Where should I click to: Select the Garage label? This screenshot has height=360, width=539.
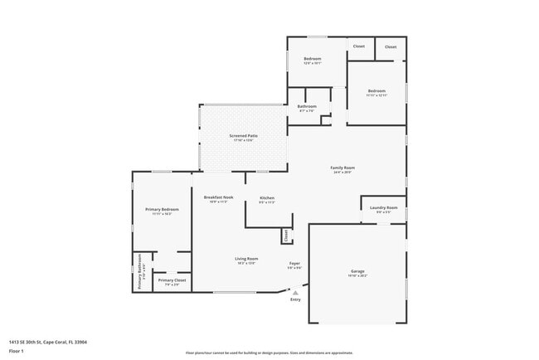click(x=357, y=271)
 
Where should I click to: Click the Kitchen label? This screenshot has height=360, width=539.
click(x=267, y=198)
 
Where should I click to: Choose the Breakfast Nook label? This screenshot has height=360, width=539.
click(x=218, y=197)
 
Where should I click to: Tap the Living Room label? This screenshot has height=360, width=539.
click(x=246, y=259)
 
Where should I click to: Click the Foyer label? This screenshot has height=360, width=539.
click(x=294, y=263)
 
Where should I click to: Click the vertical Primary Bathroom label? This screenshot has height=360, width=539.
click(x=139, y=271)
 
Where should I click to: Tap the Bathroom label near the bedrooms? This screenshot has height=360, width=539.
click(x=308, y=106)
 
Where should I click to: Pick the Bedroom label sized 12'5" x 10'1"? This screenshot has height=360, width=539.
click(x=312, y=59)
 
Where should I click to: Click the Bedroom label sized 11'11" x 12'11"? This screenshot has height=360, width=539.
click(x=376, y=91)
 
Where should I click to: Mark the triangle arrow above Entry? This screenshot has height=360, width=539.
click(x=294, y=292)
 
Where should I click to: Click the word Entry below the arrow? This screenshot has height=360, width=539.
click(x=295, y=299)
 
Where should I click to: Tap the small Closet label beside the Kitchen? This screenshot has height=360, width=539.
click(x=287, y=236)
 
